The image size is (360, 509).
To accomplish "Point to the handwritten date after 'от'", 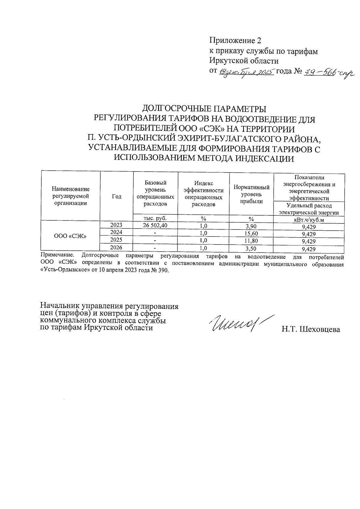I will pos(247,72).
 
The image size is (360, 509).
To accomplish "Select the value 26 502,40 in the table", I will pos(155,225).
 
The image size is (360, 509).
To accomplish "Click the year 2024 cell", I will pos(116,232).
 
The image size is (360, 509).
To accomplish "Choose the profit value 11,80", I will pos(251,241).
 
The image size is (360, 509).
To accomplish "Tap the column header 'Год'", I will pos(116,197).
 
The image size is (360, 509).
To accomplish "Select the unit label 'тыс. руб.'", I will pos(155,218).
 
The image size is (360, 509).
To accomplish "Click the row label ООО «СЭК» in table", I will pos(70,236).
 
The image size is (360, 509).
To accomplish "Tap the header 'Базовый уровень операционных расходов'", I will pos(155,193).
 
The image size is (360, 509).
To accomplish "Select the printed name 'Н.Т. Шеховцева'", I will pos(310,330).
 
